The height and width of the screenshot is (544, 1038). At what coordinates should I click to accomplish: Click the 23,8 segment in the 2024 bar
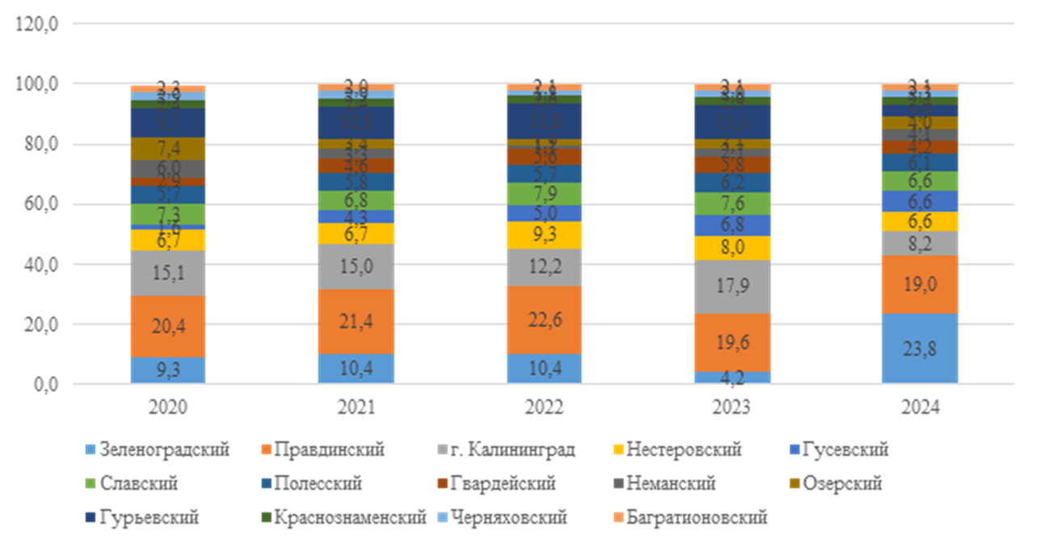pos(921,348)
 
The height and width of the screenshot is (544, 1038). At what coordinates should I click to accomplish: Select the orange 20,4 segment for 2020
pos(168,327)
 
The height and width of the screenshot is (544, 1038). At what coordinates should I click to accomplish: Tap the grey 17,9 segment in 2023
pos(733,286)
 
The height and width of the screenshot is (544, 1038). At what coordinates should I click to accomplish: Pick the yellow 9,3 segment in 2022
pos(544,235)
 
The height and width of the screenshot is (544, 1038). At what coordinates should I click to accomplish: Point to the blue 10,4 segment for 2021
pos(356,369)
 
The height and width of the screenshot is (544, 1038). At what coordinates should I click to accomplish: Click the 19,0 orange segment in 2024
pos(921,284)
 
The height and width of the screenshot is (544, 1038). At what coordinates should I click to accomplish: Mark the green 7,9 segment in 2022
pos(544,194)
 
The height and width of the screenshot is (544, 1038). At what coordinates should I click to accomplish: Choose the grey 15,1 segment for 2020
pos(168,272)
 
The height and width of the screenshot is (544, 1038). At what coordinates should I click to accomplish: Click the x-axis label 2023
pos(733,407)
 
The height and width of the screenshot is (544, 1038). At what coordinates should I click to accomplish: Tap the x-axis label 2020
pos(168,407)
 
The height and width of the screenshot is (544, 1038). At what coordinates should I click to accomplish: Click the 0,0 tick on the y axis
pos(44,385)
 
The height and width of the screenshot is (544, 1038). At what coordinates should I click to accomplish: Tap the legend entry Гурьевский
pos(149,517)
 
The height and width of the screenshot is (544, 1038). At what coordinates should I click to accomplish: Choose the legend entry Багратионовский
pos(703,517)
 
